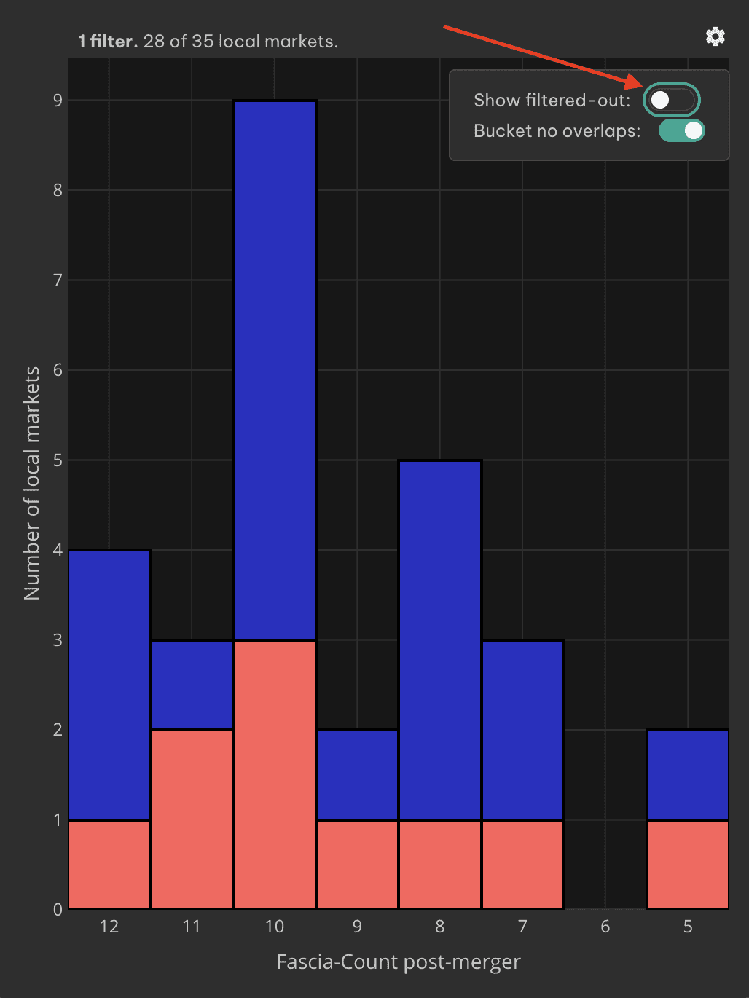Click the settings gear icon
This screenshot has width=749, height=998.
pos(715,36)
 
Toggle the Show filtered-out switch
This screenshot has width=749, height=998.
pos(671,100)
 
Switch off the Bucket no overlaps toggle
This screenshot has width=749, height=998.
pos(682,131)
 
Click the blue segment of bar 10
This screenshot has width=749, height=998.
pos(275,370)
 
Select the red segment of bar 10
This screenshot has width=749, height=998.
pos(275,775)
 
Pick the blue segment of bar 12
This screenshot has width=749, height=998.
pos(109,685)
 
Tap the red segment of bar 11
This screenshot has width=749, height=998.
pos(192,820)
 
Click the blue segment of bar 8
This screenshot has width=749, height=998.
pos(440,640)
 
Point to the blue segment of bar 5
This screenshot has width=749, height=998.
pos(688,775)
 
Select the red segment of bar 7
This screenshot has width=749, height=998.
pos(523,865)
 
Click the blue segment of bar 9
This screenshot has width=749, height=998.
pos(358,775)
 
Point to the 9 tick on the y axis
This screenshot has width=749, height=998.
pos(58,101)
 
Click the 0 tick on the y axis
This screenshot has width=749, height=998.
pos(58,910)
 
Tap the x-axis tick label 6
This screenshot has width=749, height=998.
pos(605,927)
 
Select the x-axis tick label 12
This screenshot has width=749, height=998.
pos(109,927)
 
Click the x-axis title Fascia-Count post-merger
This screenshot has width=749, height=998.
pos(399,962)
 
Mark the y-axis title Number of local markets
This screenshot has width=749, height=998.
pos(32,483)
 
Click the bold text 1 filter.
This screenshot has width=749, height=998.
pos(107,42)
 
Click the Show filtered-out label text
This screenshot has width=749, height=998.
pos(552,100)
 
